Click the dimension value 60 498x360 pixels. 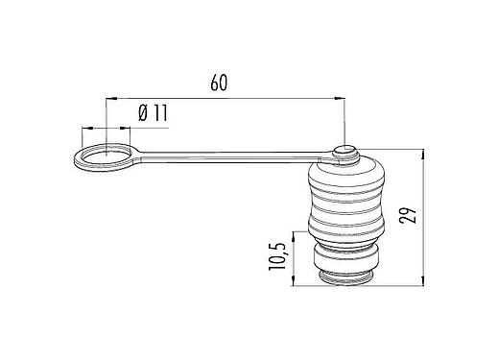click(219, 84)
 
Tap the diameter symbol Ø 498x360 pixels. click(141, 113)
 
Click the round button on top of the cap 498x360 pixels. click(344, 152)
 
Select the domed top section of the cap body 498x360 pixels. click(344, 173)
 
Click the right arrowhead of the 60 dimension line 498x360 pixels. click(341, 97)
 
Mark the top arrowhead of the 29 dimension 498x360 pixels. click(422, 153)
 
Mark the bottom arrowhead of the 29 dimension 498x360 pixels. click(422, 282)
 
